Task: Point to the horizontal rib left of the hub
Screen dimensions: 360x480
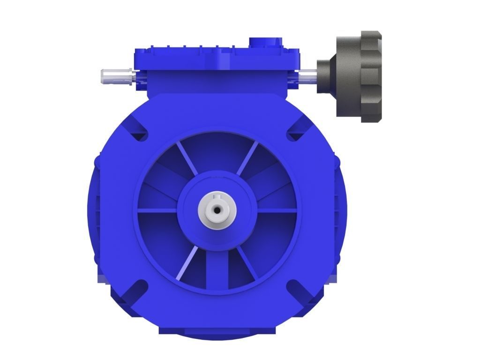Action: pyautogui.click(x=157, y=211)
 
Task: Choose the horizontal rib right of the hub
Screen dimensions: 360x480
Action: pyautogui.click(x=277, y=211)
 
